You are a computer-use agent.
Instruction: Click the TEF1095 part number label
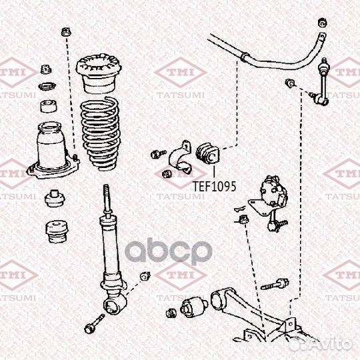[214, 187]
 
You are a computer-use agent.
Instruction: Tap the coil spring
[100, 134]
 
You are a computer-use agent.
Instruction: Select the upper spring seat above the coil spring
[99, 73]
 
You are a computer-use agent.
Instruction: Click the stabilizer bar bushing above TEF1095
[208, 153]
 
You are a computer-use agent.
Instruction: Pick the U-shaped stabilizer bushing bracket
[181, 157]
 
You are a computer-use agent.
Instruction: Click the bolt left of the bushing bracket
[159, 154]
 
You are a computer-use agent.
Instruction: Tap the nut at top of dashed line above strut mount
[66, 32]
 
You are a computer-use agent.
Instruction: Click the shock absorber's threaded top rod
[107, 199]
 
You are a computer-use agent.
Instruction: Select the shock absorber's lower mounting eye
[115, 304]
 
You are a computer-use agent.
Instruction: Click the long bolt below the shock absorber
[95, 324]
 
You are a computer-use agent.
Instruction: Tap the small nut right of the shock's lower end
[145, 276]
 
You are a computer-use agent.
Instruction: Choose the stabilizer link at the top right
[321, 81]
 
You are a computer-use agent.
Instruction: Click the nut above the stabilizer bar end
[323, 23]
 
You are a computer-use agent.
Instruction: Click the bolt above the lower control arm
[275, 284]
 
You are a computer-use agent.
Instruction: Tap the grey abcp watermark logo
[169, 251]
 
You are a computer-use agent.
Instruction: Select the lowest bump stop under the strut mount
[57, 231]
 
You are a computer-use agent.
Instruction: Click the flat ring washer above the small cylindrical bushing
[47, 86]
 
